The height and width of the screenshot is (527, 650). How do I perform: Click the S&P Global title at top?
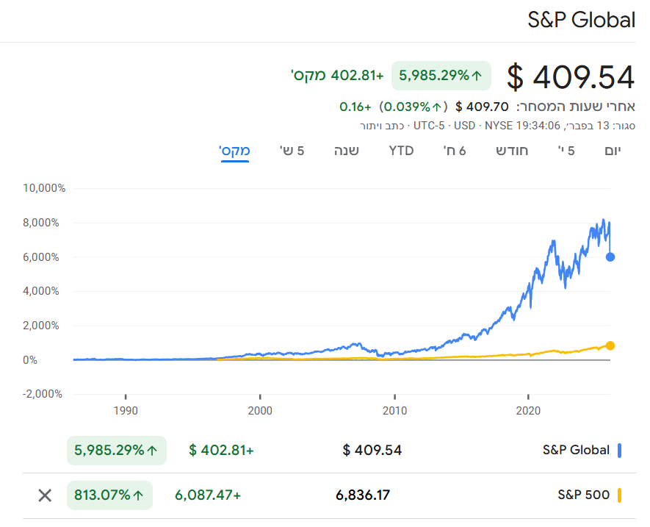click(581, 20)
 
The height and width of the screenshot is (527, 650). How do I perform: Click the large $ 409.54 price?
click(571, 76)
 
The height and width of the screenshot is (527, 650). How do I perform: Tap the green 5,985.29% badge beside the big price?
click(441, 75)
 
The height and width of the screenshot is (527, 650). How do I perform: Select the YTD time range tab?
click(401, 151)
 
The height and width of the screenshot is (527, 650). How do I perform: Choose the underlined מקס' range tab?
click(235, 151)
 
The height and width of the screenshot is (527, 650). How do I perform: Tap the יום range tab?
click(610, 151)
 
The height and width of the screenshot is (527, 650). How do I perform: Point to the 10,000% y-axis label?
click(45, 188)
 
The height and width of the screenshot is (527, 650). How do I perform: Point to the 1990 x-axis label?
click(126, 410)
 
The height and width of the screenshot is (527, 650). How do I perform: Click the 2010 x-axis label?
click(394, 410)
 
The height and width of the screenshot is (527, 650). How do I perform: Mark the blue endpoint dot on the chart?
click(610, 257)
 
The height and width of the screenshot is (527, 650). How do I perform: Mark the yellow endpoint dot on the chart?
click(610, 345)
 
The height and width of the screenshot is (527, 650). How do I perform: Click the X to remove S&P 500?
click(45, 495)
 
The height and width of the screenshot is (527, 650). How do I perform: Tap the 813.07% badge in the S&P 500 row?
click(109, 495)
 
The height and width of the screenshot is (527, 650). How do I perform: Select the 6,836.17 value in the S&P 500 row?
click(363, 495)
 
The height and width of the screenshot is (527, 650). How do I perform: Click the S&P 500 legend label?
click(583, 495)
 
